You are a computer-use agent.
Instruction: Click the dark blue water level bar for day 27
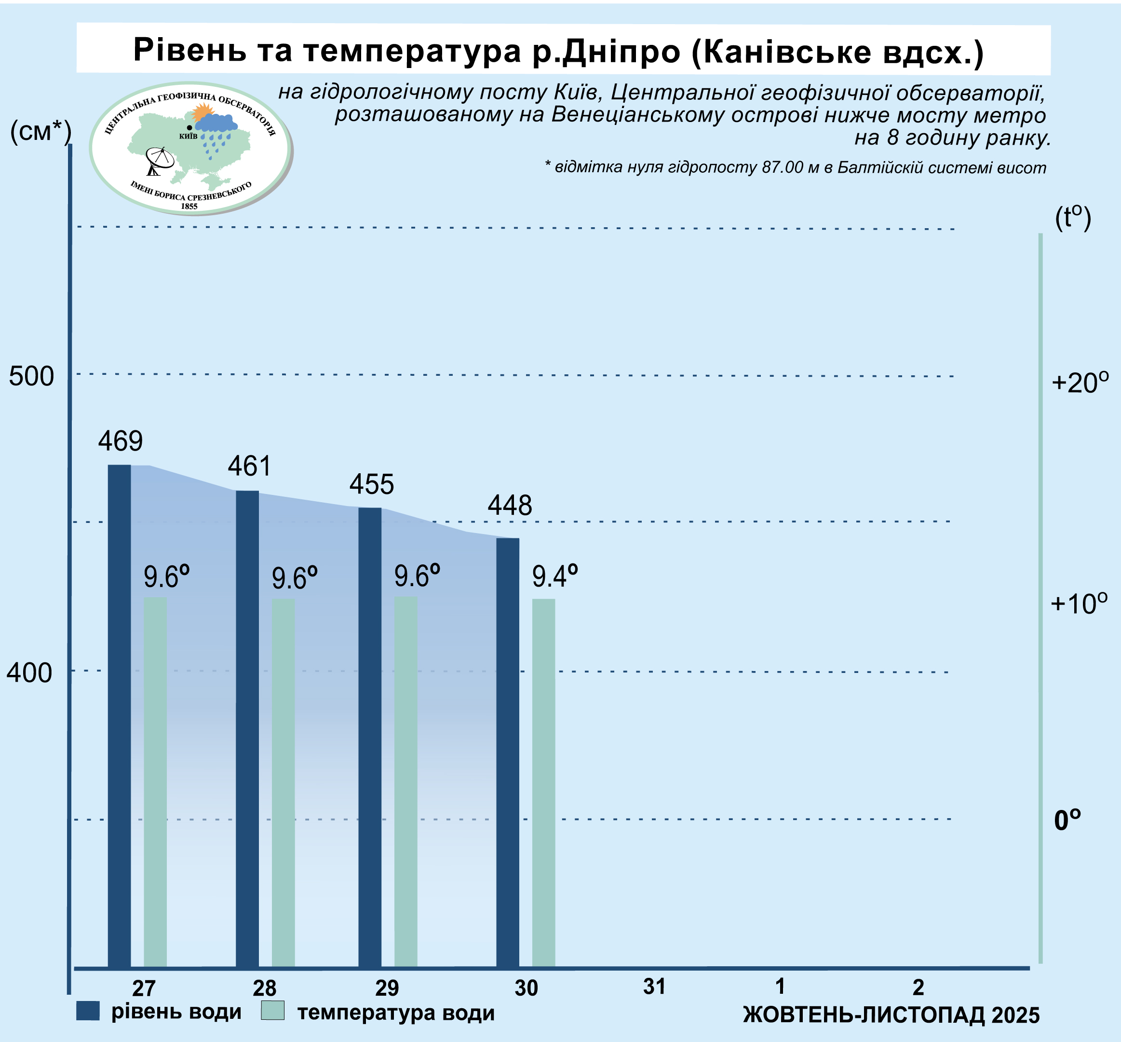point(119,716)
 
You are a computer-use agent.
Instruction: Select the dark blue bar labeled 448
point(507,753)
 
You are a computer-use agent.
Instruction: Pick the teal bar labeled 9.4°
point(543,784)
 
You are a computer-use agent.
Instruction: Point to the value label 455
point(371,484)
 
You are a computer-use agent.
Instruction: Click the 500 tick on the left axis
point(31,376)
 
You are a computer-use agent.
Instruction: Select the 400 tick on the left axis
point(29,672)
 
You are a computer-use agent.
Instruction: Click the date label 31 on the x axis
point(654,986)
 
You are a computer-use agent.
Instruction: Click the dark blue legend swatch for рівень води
point(88,1011)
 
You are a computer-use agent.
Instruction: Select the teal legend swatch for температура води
point(273,1011)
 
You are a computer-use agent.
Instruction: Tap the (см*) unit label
point(41,133)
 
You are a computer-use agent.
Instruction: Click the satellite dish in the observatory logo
point(159,160)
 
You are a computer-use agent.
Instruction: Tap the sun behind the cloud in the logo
point(202,113)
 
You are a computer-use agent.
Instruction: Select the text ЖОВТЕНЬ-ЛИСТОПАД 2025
point(891,1015)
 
